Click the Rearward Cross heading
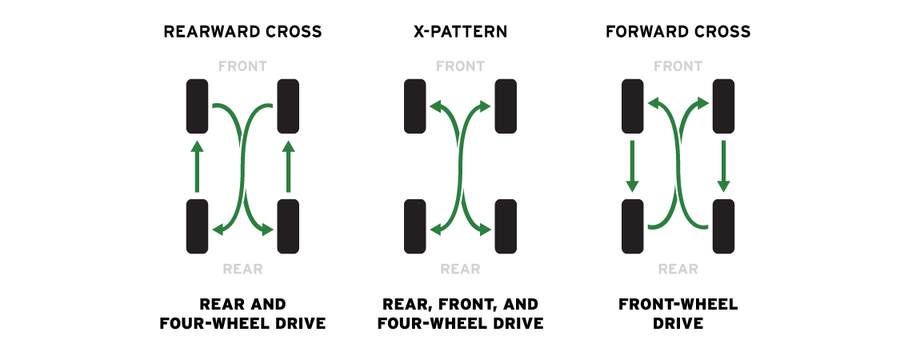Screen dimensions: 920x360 tap(242, 32)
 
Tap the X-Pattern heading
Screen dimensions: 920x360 tap(460, 32)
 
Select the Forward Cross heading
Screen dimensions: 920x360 tap(678, 32)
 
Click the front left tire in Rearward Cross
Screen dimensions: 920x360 tap(197, 106)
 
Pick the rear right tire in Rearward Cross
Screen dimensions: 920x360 tap(288, 226)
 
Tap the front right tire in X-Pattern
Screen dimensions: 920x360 tap(506, 106)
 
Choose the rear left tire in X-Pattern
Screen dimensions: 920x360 tap(415, 226)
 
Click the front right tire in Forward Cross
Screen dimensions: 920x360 tap(723, 106)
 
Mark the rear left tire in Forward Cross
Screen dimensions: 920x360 tap(633, 226)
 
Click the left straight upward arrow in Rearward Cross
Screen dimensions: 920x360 tap(197, 166)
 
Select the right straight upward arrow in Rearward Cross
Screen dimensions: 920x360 tap(288, 166)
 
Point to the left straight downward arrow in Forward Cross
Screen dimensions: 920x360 tap(633, 166)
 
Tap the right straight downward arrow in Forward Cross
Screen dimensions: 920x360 tap(723, 166)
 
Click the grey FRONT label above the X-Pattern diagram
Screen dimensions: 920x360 tap(460, 66)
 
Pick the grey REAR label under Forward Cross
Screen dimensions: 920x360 tap(678, 269)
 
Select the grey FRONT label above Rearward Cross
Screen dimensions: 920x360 tap(242, 66)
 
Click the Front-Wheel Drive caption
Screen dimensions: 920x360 tap(678, 314)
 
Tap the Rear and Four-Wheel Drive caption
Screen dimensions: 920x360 tap(242, 314)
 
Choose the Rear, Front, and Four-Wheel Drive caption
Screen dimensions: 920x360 tap(460, 314)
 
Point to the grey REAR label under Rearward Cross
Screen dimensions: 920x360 tap(242, 269)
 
